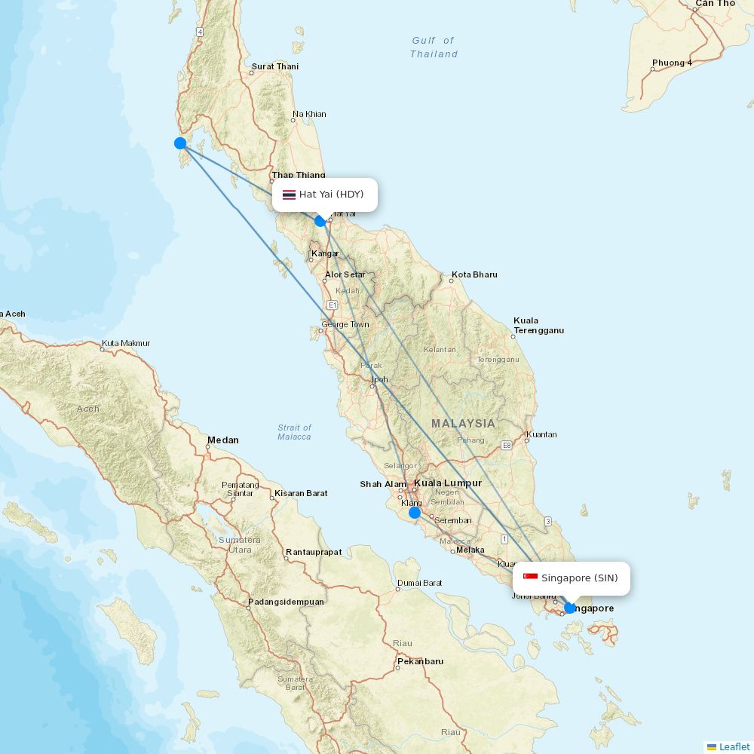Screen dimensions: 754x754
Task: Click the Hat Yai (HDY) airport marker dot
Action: click(x=320, y=221)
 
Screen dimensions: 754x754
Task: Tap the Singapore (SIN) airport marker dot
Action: click(x=570, y=608)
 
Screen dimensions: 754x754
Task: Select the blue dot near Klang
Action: click(x=415, y=513)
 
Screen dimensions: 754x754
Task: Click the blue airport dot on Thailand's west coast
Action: click(x=180, y=143)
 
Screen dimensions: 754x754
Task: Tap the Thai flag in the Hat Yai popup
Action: click(x=289, y=195)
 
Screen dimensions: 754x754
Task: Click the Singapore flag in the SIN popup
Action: click(x=531, y=578)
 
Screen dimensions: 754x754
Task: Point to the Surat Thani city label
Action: click(x=275, y=66)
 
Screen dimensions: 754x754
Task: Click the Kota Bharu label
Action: click(x=474, y=274)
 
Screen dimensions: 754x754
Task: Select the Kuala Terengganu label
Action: click(x=538, y=326)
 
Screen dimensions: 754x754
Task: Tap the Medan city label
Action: click(x=223, y=440)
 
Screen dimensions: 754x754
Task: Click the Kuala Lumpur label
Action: click(x=448, y=483)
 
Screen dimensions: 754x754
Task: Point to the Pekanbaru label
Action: click(x=420, y=661)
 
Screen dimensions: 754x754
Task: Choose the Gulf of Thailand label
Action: click(x=434, y=48)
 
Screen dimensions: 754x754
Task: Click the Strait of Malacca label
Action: click(x=294, y=432)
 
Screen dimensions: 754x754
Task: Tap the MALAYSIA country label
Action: click(x=463, y=424)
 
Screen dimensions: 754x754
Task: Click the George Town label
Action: click(x=345, y=325)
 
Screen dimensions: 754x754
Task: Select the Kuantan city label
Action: click(x=541, y=434)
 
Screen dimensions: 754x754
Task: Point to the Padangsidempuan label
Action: click(x=286, y=602)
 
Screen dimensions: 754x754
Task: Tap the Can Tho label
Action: click(x=715, y=4)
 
